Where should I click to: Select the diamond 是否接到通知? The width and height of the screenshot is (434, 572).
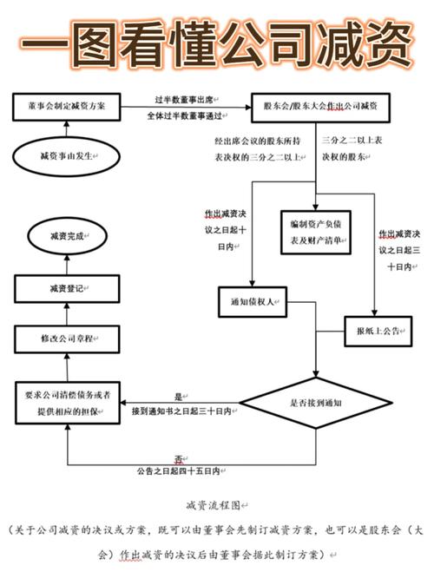pyautogui.click(x=313, y=403)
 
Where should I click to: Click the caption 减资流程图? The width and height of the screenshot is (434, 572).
pyautogui.click(x=215, y=504)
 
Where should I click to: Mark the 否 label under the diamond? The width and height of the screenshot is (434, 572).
pyautogui.click(x=178, y=458)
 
